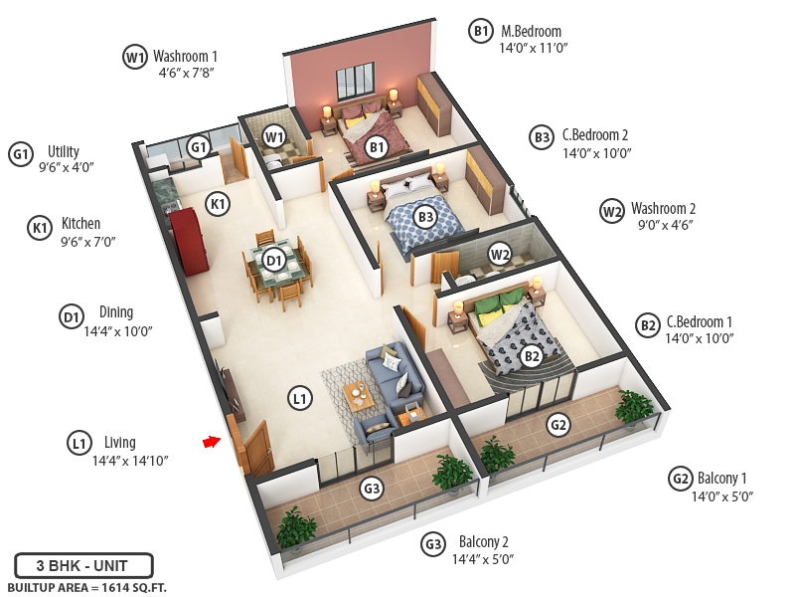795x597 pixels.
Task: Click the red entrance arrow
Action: [211, 442]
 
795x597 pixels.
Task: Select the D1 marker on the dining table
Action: [274, 261]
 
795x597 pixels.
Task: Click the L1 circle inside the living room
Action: [300, 399]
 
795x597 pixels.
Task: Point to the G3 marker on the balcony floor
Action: [372, 489]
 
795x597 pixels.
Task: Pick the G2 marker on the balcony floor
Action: [559, 426]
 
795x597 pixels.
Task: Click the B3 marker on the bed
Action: [425, 216]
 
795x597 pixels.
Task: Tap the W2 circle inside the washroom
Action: [500, 255]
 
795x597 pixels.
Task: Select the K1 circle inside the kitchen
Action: [218, 204]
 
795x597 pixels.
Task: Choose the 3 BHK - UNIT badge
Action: [83, 566]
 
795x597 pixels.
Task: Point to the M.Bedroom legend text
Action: [531, 32]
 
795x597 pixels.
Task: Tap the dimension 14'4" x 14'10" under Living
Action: [130, 461]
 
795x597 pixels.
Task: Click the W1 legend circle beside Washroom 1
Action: [135, 57]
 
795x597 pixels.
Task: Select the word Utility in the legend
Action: [64, 152]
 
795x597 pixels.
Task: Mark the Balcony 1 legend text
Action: [722, 479]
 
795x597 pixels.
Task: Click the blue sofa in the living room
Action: [394, 379]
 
